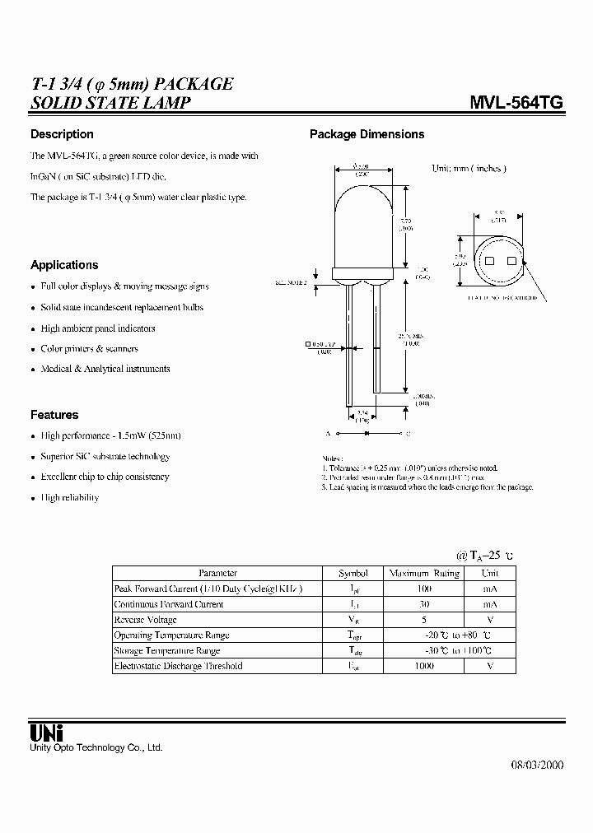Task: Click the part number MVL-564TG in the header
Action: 516,103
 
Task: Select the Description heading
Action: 62,134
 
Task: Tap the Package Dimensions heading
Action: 367,134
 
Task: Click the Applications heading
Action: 64,265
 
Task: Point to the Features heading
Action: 54,415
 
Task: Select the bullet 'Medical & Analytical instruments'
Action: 105,369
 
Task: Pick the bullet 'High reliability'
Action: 70,497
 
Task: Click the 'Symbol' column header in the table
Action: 353,573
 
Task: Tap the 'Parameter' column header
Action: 218,573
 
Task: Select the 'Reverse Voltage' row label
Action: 146,620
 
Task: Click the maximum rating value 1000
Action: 424,666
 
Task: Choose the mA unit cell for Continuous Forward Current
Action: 490,604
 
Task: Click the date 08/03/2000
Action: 533,765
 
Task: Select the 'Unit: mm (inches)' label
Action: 469,168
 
